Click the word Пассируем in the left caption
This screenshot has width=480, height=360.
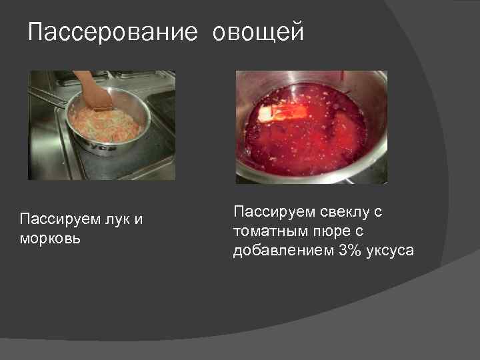pos(59,219)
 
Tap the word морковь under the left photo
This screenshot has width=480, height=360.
pos(51,238)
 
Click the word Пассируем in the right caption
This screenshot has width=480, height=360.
pos(272,213)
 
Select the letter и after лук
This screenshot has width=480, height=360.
pos(139,219)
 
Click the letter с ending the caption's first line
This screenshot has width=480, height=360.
pos(377,213)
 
